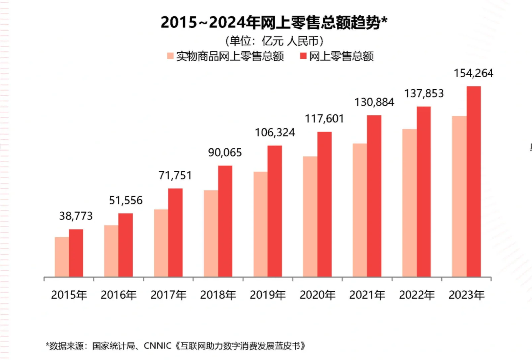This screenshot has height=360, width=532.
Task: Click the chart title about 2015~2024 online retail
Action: [x=274, y=22]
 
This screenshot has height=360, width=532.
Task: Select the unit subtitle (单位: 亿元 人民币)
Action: [x=274, y=41]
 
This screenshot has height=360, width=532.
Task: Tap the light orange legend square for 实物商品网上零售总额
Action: [x=170, y=56]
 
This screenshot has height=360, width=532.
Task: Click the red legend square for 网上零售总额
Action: [x=303, y=56]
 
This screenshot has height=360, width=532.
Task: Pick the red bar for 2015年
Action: [x=76, y=253]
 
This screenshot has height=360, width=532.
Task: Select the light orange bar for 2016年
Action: [x=111, y=251]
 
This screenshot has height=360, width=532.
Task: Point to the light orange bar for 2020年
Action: [x=310, y=217]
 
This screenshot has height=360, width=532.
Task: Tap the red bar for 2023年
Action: [x=474, y=182]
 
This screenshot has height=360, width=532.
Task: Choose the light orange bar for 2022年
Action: [x=409, y=203]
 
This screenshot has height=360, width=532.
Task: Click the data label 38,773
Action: [x=76, y=216]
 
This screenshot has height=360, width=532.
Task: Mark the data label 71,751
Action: [x=175, y=175]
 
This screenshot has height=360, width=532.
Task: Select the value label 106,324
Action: [x=275, y=133]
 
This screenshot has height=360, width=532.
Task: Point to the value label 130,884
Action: [x=374, y=102]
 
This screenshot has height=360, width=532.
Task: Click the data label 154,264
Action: [x=473, y=73]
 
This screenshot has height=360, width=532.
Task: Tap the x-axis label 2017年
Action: [x=168, y=295]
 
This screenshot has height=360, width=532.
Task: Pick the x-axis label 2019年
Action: [x=268, y=295]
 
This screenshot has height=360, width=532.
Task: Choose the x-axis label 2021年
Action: [x=367, y=295]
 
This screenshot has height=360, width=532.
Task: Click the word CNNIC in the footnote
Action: [x=157, y=346]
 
